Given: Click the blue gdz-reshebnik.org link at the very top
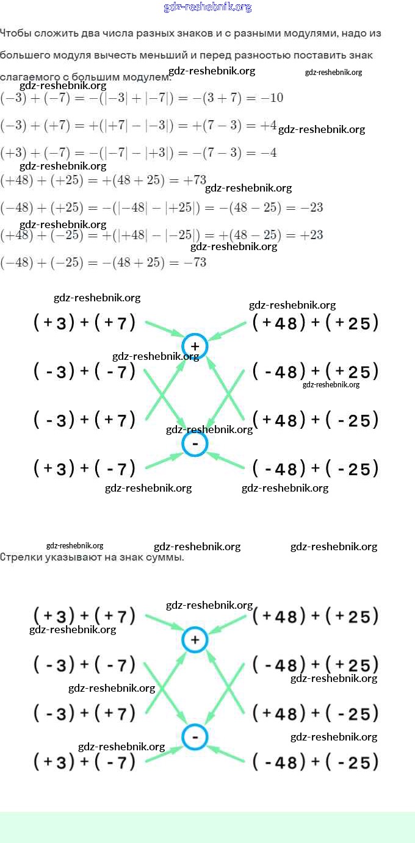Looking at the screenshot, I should tap(208, 7).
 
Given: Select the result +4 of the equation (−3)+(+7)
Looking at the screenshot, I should tap(269, 126).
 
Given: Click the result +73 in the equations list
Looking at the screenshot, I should tap(196, 180).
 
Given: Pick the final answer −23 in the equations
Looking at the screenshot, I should tap(312, 207).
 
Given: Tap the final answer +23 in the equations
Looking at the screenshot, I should tap(312, 235).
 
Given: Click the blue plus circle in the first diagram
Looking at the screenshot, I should tap(195, 346).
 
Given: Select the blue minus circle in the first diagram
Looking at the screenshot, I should tap(195, 444).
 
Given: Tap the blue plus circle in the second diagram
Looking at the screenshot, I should tap(195, 639).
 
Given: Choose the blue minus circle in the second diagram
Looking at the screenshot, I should tap(195, 737).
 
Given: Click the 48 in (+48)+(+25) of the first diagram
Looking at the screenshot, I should tap(286, 323).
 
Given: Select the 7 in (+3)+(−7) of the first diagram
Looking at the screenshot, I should tap(123, 469).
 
